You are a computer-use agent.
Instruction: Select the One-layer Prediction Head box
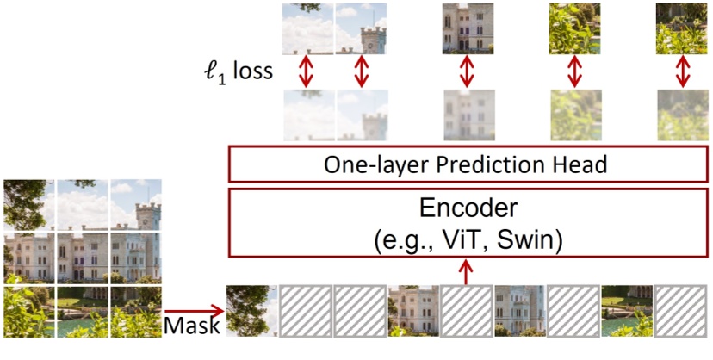(x=466, y=164)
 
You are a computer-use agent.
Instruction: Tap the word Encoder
(x=466, y=208)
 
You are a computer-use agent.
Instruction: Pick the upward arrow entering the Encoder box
(x=466, y=271)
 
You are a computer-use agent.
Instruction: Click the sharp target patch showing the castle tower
(x=361, y=28)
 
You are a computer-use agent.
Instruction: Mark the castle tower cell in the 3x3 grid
(x=135, y=203)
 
